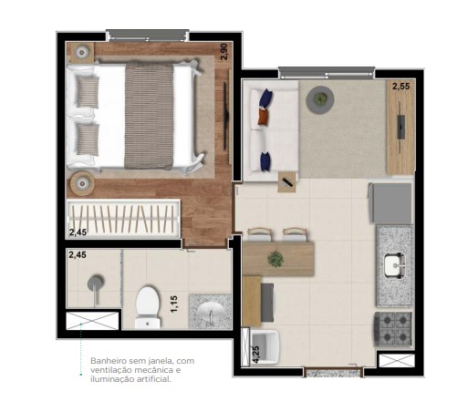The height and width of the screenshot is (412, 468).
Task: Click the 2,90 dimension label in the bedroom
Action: (224, 52)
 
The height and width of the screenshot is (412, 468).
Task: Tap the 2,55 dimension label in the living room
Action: (400, 88)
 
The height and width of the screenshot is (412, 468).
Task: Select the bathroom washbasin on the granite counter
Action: (210, 311)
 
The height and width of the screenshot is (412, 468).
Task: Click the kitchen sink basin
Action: (394, 265)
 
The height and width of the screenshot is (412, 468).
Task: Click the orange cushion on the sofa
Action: (264, 117)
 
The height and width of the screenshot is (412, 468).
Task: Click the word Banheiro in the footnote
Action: (108, 362)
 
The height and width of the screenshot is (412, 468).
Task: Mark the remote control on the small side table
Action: (287, 182)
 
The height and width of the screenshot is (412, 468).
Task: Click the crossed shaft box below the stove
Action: (396, 361)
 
